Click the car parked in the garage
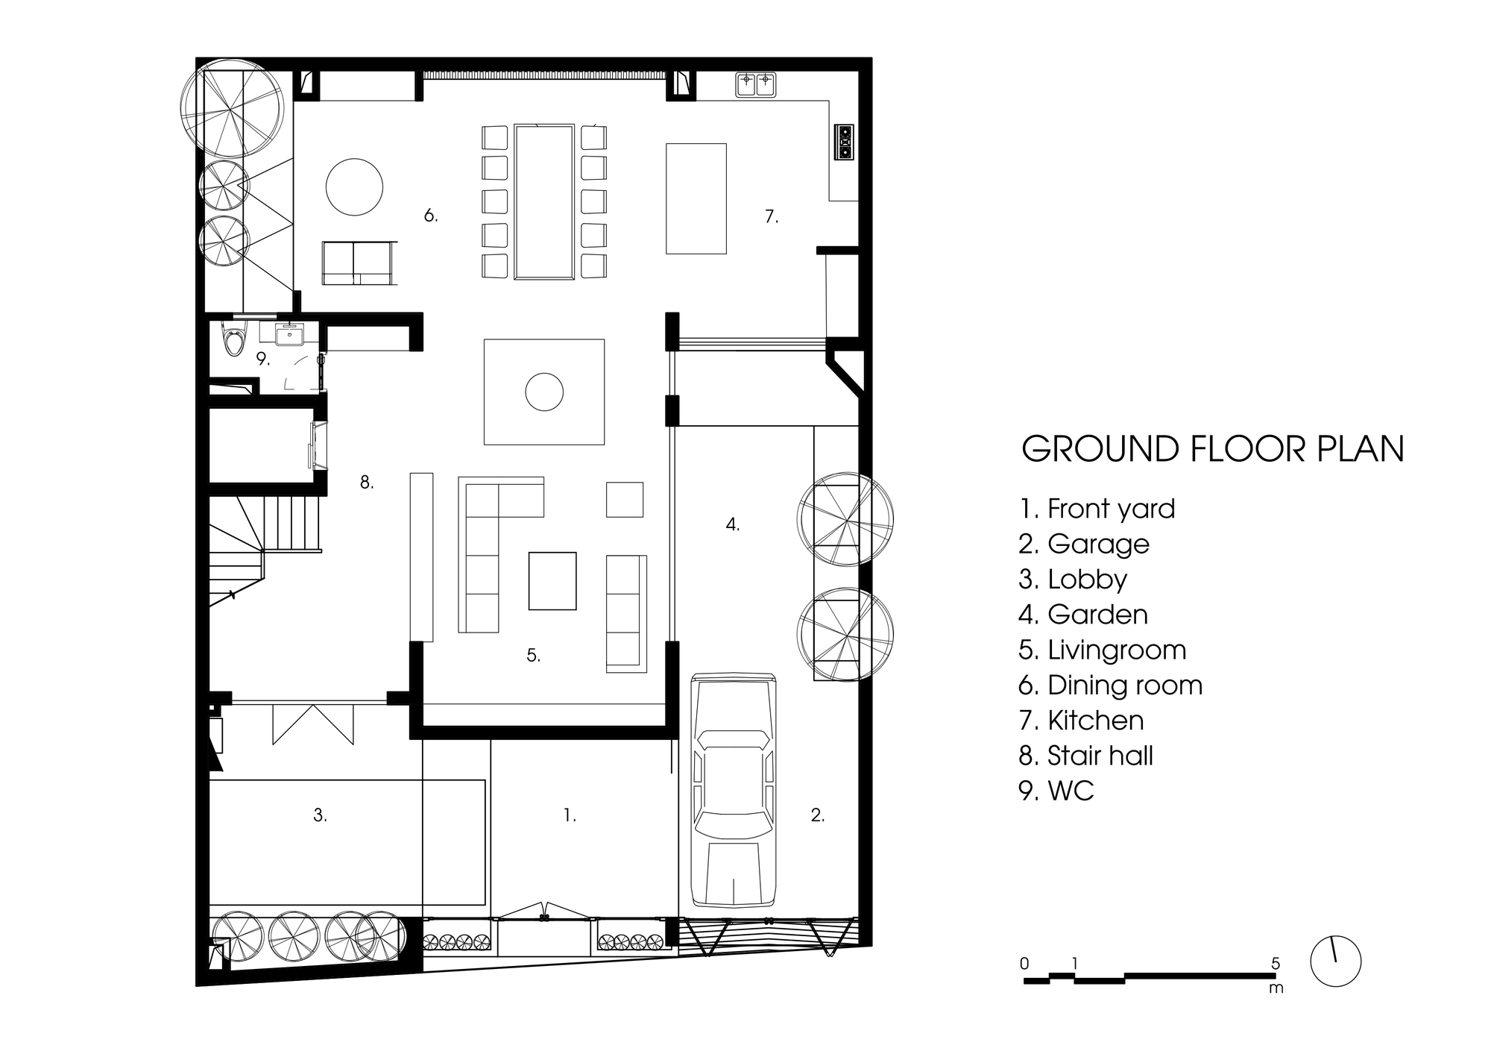(734, 789)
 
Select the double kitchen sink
(756, 84)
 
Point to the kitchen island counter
(696, 198)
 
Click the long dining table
(544, 201)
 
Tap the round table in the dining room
(354, 187)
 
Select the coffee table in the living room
(552, 581)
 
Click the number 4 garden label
(733, 524)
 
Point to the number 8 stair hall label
(367, 483)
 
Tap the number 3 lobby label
(320, 815)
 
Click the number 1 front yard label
(570, 815)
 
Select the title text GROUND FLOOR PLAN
(1212, 449)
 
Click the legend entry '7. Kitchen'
(1081, 720)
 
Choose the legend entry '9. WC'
(1056, 790)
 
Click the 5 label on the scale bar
(1276, 963)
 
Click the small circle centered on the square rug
(544, 392)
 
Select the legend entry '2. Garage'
(1084, 544)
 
